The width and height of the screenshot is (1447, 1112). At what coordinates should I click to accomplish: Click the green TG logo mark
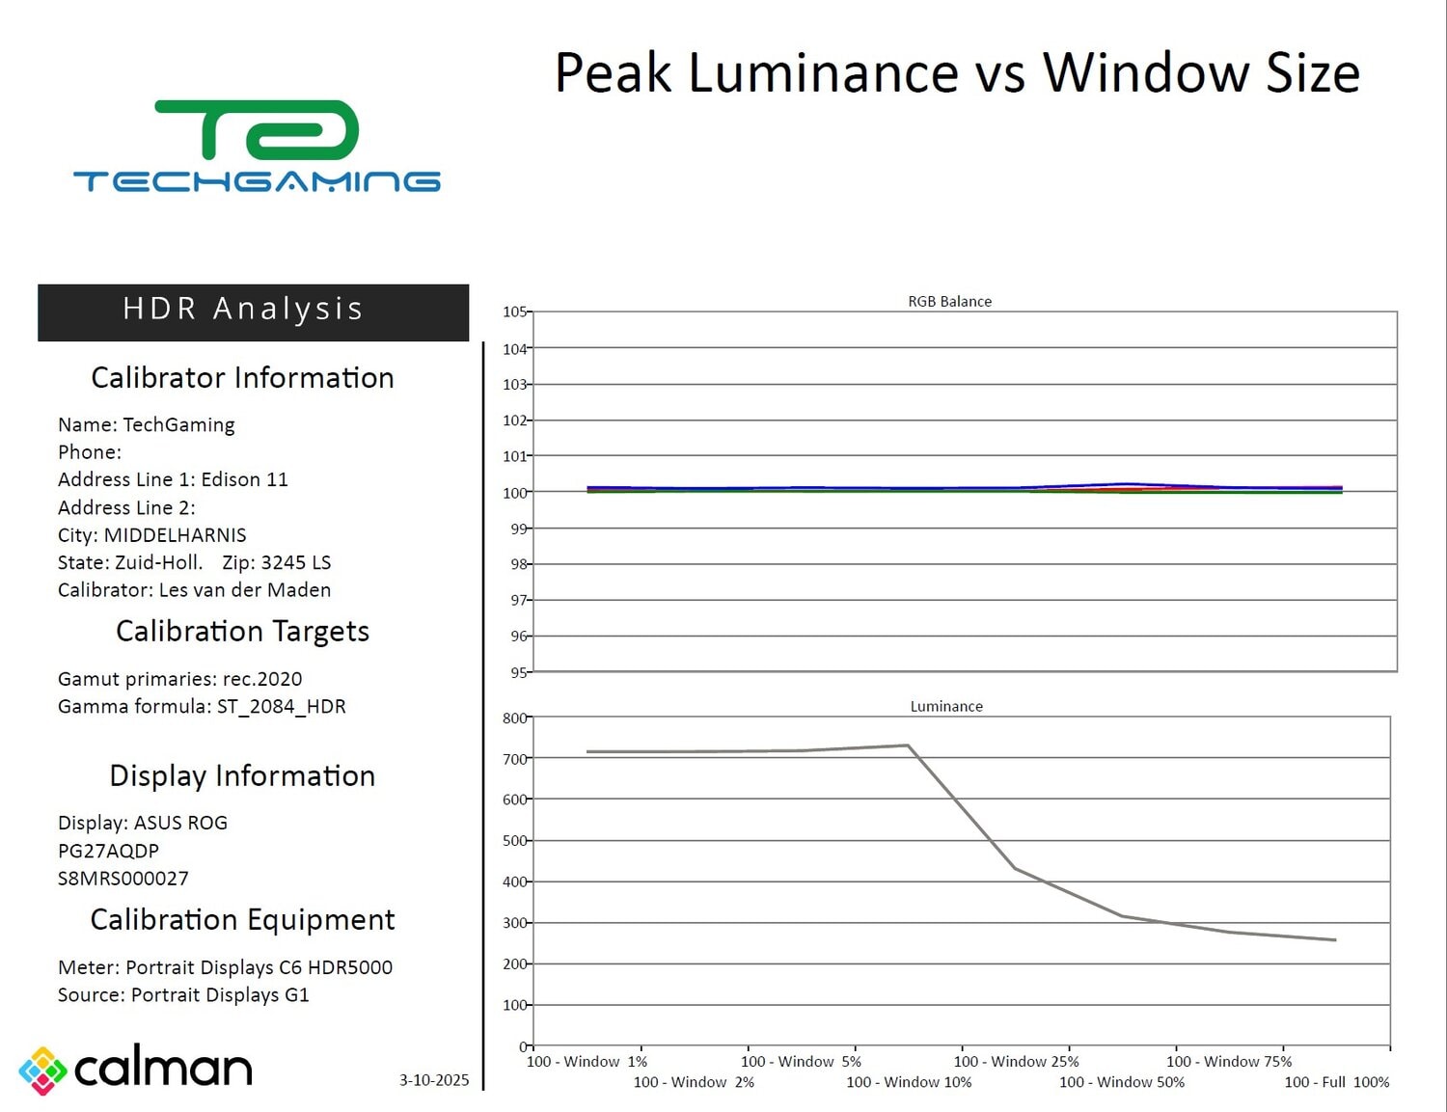(257, 130)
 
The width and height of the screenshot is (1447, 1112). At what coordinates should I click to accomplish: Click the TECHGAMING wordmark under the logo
(257, 181)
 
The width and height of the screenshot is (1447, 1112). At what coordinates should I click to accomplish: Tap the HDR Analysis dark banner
(253, 312)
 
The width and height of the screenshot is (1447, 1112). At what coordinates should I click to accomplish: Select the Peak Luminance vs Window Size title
(957, 73)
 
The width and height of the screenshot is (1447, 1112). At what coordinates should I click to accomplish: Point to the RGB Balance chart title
(949, 301)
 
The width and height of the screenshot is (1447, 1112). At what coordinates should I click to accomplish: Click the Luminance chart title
(946, 706)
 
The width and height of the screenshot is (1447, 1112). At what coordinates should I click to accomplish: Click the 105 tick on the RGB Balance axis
(515, 312)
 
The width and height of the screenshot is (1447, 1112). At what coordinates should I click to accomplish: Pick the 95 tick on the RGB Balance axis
(519, 672)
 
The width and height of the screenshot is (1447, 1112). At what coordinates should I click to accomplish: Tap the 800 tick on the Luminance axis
(515, 718)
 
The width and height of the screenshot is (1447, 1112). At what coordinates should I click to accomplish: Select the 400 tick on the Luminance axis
(515, 881)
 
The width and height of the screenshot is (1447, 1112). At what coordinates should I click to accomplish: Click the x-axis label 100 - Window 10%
(909, 1082)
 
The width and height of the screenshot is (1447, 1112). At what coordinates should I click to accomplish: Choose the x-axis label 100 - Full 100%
(1336, 1082)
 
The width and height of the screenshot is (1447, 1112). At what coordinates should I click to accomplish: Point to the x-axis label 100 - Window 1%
(587, 1061)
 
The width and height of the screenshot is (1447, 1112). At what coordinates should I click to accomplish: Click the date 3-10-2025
(434, 1079)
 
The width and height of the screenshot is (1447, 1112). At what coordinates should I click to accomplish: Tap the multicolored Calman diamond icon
(42, 1071)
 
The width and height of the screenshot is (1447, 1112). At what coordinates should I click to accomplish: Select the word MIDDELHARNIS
(176, 535)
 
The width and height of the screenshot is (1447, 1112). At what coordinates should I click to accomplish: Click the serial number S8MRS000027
(123, 879)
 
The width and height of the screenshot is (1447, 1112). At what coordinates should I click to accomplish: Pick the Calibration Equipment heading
(242, 919)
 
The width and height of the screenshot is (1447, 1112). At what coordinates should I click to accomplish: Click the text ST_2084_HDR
(282, 706)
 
